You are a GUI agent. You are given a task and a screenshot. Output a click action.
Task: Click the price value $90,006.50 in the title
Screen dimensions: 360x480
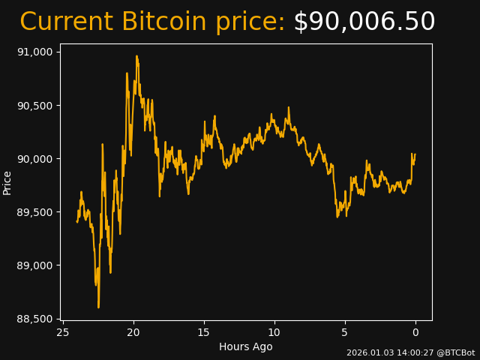pos(364,22)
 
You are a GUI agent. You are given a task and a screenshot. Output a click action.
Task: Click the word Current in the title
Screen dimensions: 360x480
pos(66,22)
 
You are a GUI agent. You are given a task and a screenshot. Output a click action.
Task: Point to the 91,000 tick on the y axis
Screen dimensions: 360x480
pos(36,52)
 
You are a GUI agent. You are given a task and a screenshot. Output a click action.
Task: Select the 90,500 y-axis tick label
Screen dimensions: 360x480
pos(36,105)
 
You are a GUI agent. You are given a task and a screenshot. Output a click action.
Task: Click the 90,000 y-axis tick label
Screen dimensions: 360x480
pos(36,159)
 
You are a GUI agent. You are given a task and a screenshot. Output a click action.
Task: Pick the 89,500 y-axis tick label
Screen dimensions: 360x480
pos(36,212)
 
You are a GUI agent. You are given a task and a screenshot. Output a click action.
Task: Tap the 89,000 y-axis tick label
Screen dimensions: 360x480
pos(36,265)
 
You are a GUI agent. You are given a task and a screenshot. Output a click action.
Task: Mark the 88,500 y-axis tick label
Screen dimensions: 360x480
pos(36,319)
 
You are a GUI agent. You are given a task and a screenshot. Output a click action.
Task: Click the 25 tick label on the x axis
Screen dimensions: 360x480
pos(63,332)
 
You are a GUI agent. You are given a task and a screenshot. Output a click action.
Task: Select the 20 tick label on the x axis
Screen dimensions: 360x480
pos(133,332)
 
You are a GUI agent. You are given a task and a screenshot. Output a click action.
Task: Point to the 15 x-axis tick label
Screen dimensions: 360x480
pos(204,332)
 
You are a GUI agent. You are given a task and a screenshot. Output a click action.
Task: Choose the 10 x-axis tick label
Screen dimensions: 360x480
pos(274,332)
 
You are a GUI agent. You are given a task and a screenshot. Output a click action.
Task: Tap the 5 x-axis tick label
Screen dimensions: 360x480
pos(345,332)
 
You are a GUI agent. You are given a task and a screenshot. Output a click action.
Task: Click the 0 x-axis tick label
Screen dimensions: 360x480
pos(415,332)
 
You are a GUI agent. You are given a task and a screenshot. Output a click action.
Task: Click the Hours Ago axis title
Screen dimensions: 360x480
pos(246,346)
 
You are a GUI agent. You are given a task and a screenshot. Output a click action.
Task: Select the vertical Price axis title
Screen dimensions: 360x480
pos(7,182)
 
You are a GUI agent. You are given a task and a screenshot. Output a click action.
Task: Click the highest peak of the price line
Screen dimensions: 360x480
pos(136,56)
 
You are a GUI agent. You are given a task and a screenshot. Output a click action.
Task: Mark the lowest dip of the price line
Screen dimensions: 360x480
pos(98,307)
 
